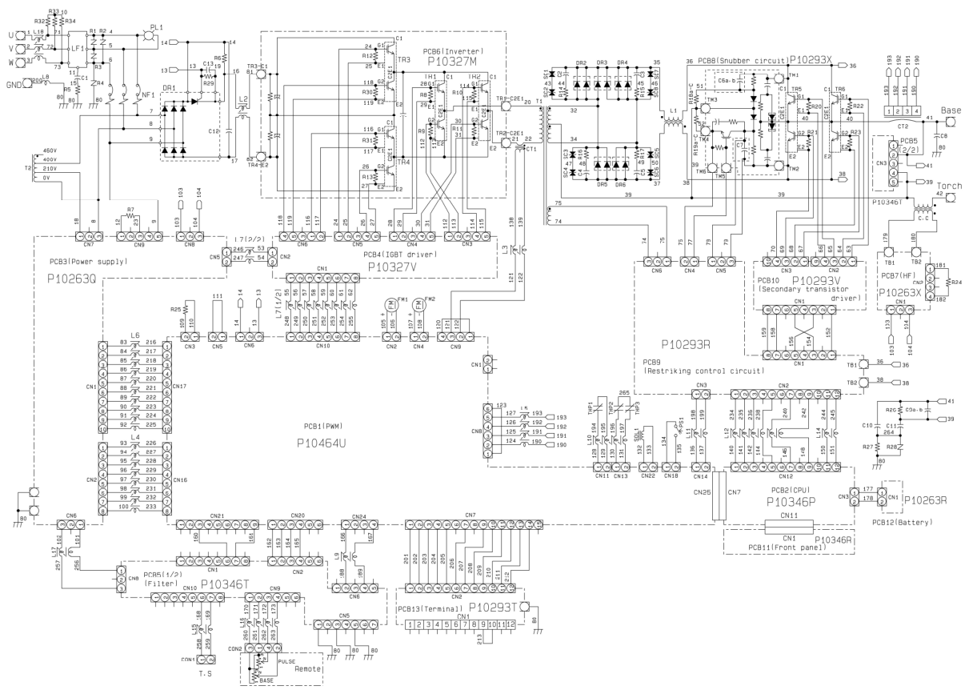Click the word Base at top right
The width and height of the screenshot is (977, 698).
pos(951,108)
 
